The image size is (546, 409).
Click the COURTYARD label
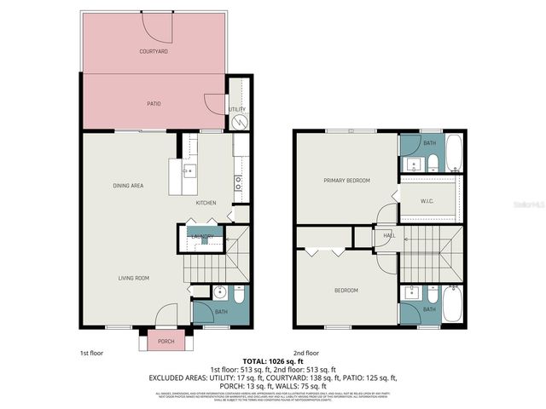tap(154, 52)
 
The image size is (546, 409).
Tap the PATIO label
tap(154, 104)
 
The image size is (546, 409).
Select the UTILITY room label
tap(237, 109)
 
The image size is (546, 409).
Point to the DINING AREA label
tap(127, 185)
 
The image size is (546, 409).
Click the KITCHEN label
tap(206, 203)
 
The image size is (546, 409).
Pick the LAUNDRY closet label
tap(202, 236)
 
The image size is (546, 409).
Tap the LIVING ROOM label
tap(134, 278)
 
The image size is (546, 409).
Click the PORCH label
tap(166, 341)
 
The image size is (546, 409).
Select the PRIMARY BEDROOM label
tap(346, 181)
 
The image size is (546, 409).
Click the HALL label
tap(389, 236)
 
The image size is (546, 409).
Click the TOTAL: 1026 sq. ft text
tap(273, 361)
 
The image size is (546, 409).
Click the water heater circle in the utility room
tap(239, 123)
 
